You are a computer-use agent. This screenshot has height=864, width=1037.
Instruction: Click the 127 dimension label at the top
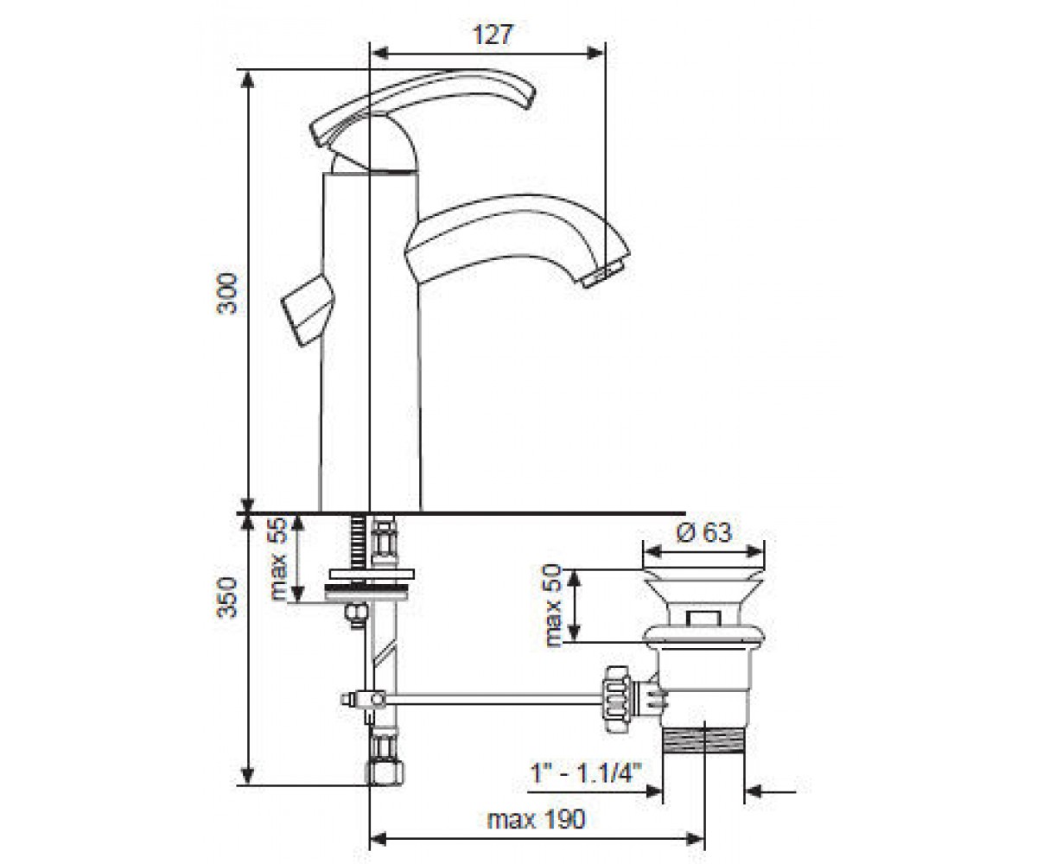tap(492, 35)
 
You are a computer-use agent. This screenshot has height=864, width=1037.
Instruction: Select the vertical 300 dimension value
tap(227, 293)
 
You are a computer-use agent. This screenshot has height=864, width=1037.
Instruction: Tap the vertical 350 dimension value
tap(227, 597)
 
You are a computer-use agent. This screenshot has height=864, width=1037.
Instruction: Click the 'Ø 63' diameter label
tap(703, 533)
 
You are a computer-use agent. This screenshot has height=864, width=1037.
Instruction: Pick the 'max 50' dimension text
tap(553, 606)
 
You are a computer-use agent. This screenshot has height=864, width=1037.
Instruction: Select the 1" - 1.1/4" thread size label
tap(586, 773)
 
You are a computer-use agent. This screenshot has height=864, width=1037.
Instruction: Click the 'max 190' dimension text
tap(537, 820)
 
